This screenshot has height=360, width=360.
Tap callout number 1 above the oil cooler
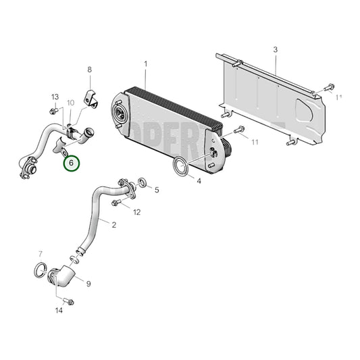point(145,65)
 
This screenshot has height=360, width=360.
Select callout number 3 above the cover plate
point(275,50)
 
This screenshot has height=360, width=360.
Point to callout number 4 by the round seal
point(199,180)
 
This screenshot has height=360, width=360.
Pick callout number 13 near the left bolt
point(55,97)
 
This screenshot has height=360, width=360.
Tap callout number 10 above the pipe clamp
point(70,103)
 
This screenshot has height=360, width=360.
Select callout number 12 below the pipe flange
point(136,212)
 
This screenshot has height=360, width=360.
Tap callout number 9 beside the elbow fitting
point(88,284)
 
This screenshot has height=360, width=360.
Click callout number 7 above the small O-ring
point(41,254)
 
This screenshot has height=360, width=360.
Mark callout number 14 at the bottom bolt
point(59,310)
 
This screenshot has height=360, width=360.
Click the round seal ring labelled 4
point(180,166)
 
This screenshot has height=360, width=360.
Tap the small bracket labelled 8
point(89,99)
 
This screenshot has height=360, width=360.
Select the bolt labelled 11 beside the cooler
point(238,130)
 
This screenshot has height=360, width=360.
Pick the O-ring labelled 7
point(41,271)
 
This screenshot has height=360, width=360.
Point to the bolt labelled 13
point(53,111)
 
